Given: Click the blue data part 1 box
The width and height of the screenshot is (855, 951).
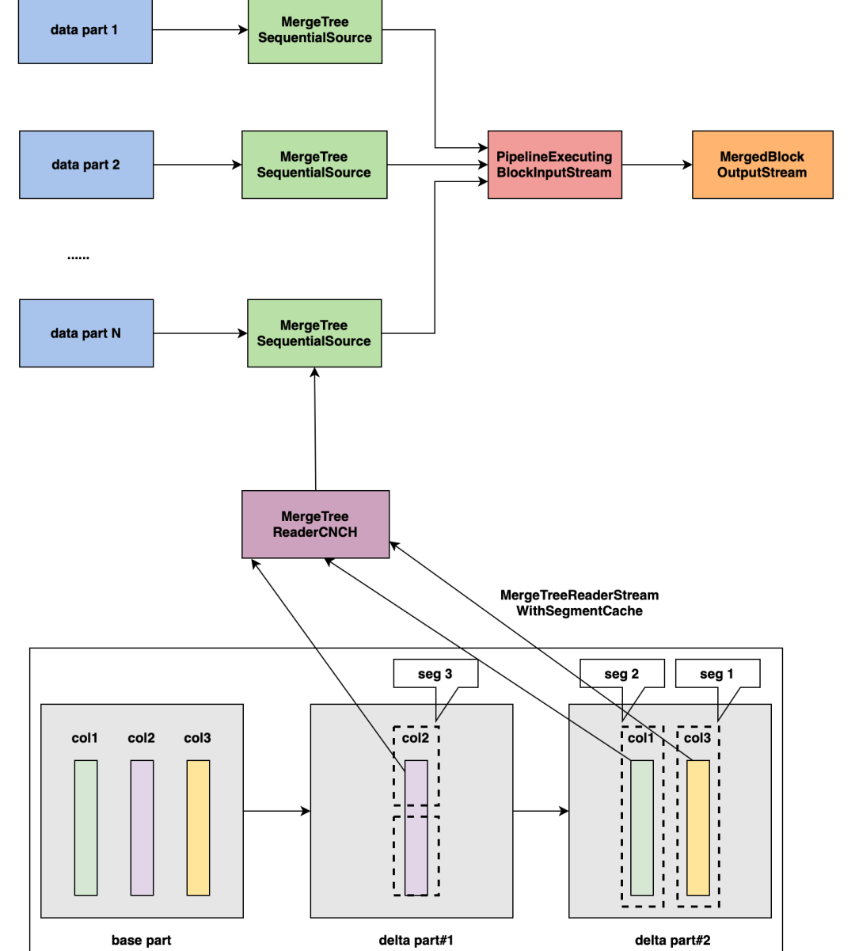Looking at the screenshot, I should tap(85, 30).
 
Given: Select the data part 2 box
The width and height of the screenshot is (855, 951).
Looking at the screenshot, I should tap(86, 165).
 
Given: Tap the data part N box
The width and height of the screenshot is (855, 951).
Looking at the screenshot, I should tap(86, 333).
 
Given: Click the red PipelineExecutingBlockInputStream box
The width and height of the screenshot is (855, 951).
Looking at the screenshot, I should tap(555, 165).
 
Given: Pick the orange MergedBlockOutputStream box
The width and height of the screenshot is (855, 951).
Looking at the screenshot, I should tap(762, 165).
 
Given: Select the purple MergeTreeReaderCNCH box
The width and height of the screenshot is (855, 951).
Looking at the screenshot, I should tap(315, 524).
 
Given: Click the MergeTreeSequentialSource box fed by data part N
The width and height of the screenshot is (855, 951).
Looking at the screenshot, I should tap(314, 333).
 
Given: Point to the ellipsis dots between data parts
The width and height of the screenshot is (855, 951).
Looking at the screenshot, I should tap(78, 257).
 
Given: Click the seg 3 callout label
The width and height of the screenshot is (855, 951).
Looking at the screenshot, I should tap(435, 674).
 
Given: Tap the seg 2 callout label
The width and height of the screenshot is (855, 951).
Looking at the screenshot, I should tap(621, 674).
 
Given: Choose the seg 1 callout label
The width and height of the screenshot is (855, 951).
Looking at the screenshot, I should tap(717, 674).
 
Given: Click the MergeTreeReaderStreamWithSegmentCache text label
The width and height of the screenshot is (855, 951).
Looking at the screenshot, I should tap(579, 603).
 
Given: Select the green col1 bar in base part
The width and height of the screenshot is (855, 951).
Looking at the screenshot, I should tap(85, 827).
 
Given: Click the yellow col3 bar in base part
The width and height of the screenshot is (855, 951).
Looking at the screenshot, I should tap(198, 827).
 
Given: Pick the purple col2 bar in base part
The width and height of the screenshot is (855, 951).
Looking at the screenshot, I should tap(142, 827).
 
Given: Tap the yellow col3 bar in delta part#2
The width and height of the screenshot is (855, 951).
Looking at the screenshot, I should tap(698, 827).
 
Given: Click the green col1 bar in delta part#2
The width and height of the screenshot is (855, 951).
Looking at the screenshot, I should tap(642, 827).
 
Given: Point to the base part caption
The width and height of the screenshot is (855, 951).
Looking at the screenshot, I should tap(141, 940).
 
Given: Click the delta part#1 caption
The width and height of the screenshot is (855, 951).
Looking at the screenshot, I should tap(416, 940).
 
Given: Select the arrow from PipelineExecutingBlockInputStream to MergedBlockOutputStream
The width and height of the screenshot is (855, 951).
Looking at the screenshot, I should tap(657, 165).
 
